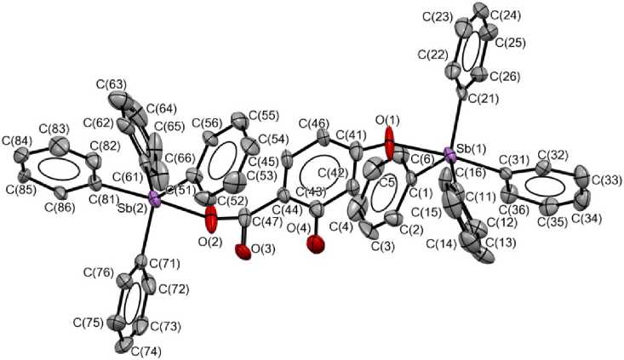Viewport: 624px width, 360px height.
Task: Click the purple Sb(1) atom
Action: [450, 156]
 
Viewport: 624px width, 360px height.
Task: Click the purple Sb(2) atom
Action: [154, 199]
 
